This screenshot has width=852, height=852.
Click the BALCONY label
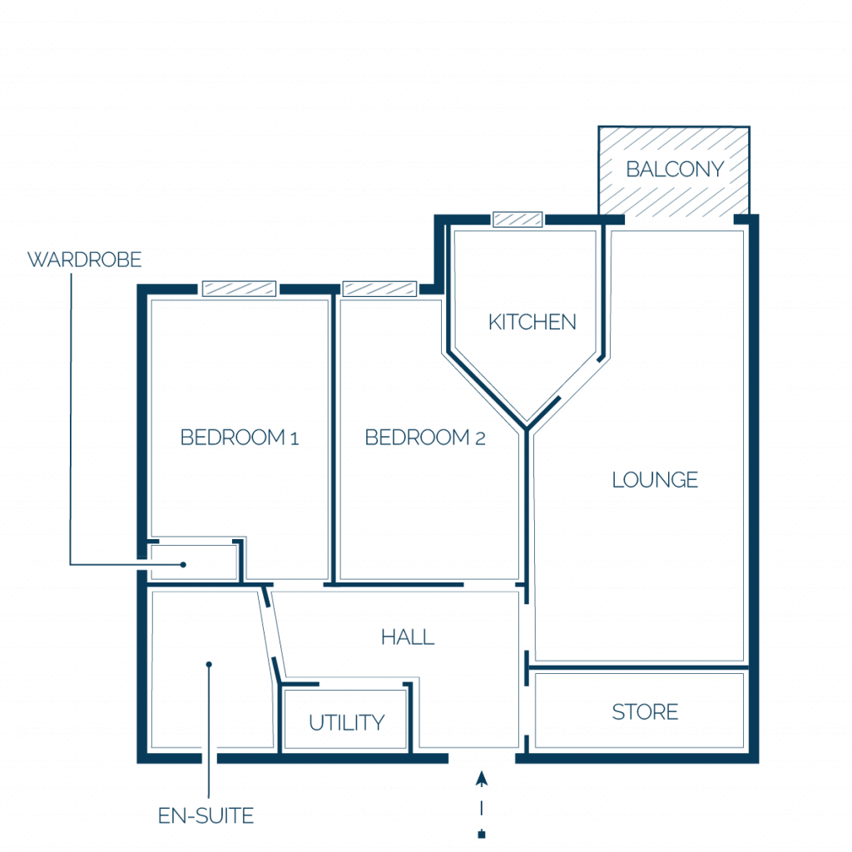pyautogui.click(x=675, y=170)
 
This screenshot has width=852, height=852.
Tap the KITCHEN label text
pyautogui.click(x=532, y=322)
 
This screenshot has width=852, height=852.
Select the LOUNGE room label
pyautogui.click(x=655, y=480)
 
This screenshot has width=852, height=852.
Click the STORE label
pyautogui.click(x=645, y=712)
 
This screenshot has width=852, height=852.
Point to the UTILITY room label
pyautogui.click(x=347, y=723)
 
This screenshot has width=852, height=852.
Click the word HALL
pyautogui.click(x=408, y=637)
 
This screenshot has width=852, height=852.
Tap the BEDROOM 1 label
pyautogui.click(x=240, y=438)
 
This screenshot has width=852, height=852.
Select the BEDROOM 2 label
pyautogui.click(x=425, y=438)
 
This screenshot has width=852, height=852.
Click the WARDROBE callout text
pyautogui.click(x=84, y=260)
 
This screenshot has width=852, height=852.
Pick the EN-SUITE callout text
pyautogui.click(x=206, y=815)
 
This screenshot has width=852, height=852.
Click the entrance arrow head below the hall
pyautogui.click(x=482, y=779)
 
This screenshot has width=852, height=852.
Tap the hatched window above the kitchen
pyautogui.click(x=518, y=219)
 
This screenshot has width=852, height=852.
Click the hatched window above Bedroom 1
pyautogui.click(x=239, y=289)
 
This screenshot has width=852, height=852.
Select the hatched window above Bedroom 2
pyautogui.click(x=379, y=289)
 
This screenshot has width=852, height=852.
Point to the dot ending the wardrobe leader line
pyautogui.click(x=184, y=565)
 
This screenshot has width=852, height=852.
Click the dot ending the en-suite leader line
pyautogui.click(x=209, y=664)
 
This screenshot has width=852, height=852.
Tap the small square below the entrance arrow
pyautogui.click(x=482, y=834)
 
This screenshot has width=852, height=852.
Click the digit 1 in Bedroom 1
pyautogui.click(x=295, y=438)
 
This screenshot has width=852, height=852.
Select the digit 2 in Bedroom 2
pyautogui.click(x=480, y=438)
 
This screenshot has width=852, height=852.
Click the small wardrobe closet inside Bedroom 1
pyautogui.click(x=194, y=562)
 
